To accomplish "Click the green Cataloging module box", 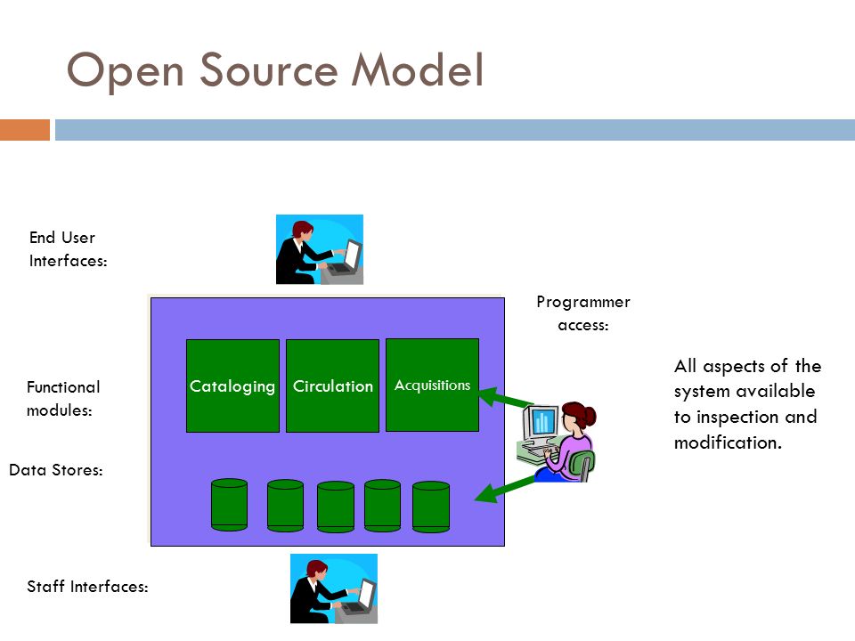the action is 232,385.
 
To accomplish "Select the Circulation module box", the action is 332,385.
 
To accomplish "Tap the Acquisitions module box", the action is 433,385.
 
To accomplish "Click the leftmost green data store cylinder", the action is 230,505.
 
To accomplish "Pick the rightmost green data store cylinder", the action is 431,507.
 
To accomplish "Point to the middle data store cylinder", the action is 336,507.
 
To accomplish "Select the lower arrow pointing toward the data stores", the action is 505,489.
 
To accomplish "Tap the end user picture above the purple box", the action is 320,249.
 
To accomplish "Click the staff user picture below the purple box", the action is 334,588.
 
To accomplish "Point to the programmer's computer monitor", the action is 541,422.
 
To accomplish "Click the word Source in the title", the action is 269,71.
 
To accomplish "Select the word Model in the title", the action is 418,69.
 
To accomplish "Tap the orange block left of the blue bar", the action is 25,130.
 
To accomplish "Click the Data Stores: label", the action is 56,470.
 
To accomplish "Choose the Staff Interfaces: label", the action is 87,587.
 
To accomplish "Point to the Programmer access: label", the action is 583,313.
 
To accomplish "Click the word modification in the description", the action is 728,442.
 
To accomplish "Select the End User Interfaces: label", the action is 69,249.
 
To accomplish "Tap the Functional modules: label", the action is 63,399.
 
